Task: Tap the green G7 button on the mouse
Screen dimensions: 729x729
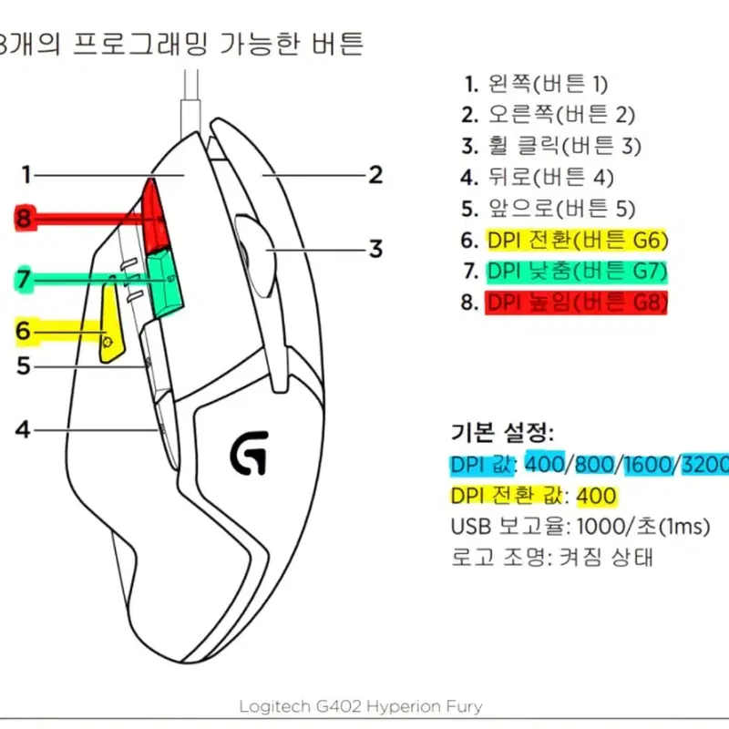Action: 165,283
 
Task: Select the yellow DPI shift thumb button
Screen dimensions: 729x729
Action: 110,323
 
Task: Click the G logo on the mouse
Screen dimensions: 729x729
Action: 250,452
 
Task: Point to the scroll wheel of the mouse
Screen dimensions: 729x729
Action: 256,256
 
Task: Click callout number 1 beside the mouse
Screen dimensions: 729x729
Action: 26,175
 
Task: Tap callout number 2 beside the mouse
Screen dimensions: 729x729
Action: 375,175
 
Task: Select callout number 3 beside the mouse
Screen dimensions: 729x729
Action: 375,249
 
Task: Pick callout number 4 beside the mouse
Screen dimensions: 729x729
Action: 22,429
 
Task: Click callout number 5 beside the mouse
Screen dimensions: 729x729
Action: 24,366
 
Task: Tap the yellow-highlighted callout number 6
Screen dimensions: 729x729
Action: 24,331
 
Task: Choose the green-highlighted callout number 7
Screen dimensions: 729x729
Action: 24,279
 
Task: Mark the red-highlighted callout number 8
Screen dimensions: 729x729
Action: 24,218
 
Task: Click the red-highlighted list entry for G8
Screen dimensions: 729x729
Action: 577,303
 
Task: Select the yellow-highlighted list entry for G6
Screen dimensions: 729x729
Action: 577,241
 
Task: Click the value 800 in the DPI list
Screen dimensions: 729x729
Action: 595,465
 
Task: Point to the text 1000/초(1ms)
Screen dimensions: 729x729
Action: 643,527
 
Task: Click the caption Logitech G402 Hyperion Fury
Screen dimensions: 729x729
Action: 361,707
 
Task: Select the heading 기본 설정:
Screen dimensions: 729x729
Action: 503,433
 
